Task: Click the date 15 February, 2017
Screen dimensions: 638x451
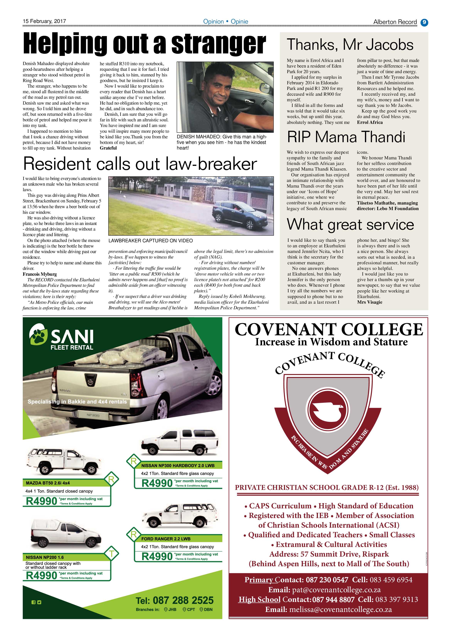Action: tap(44, 21)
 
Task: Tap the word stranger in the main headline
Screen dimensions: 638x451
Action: tap(218, 44)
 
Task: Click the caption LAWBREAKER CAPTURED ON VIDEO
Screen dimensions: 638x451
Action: tap(151, 241)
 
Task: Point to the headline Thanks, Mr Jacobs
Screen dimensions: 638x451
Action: tap(350, 45)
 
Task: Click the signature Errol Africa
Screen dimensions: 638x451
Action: tap(370, 122)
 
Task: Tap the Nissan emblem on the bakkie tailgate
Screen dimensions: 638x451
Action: tap(89, 383)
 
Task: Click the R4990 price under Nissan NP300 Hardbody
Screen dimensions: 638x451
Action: tap(157, 483)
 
